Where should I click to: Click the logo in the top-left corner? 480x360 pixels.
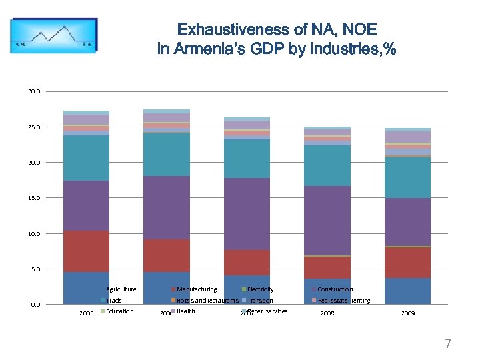tap(53, 39)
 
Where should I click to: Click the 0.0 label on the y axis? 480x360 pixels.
tap(35, 305)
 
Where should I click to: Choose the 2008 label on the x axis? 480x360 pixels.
tap(327, 313)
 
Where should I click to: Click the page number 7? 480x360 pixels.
tap(448, 344)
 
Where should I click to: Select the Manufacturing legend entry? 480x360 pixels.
tap(196, 289)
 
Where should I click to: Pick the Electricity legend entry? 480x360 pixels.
tap(260, 289)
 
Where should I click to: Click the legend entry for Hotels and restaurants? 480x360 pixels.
tap(207, 301)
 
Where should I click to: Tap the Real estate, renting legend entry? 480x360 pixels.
tap(344, 301)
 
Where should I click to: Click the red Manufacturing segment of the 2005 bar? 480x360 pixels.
tap(86, 251)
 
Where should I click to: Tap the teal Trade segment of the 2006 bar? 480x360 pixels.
tap(166, 154)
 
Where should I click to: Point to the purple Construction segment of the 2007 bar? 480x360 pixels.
tap(247, 213)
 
